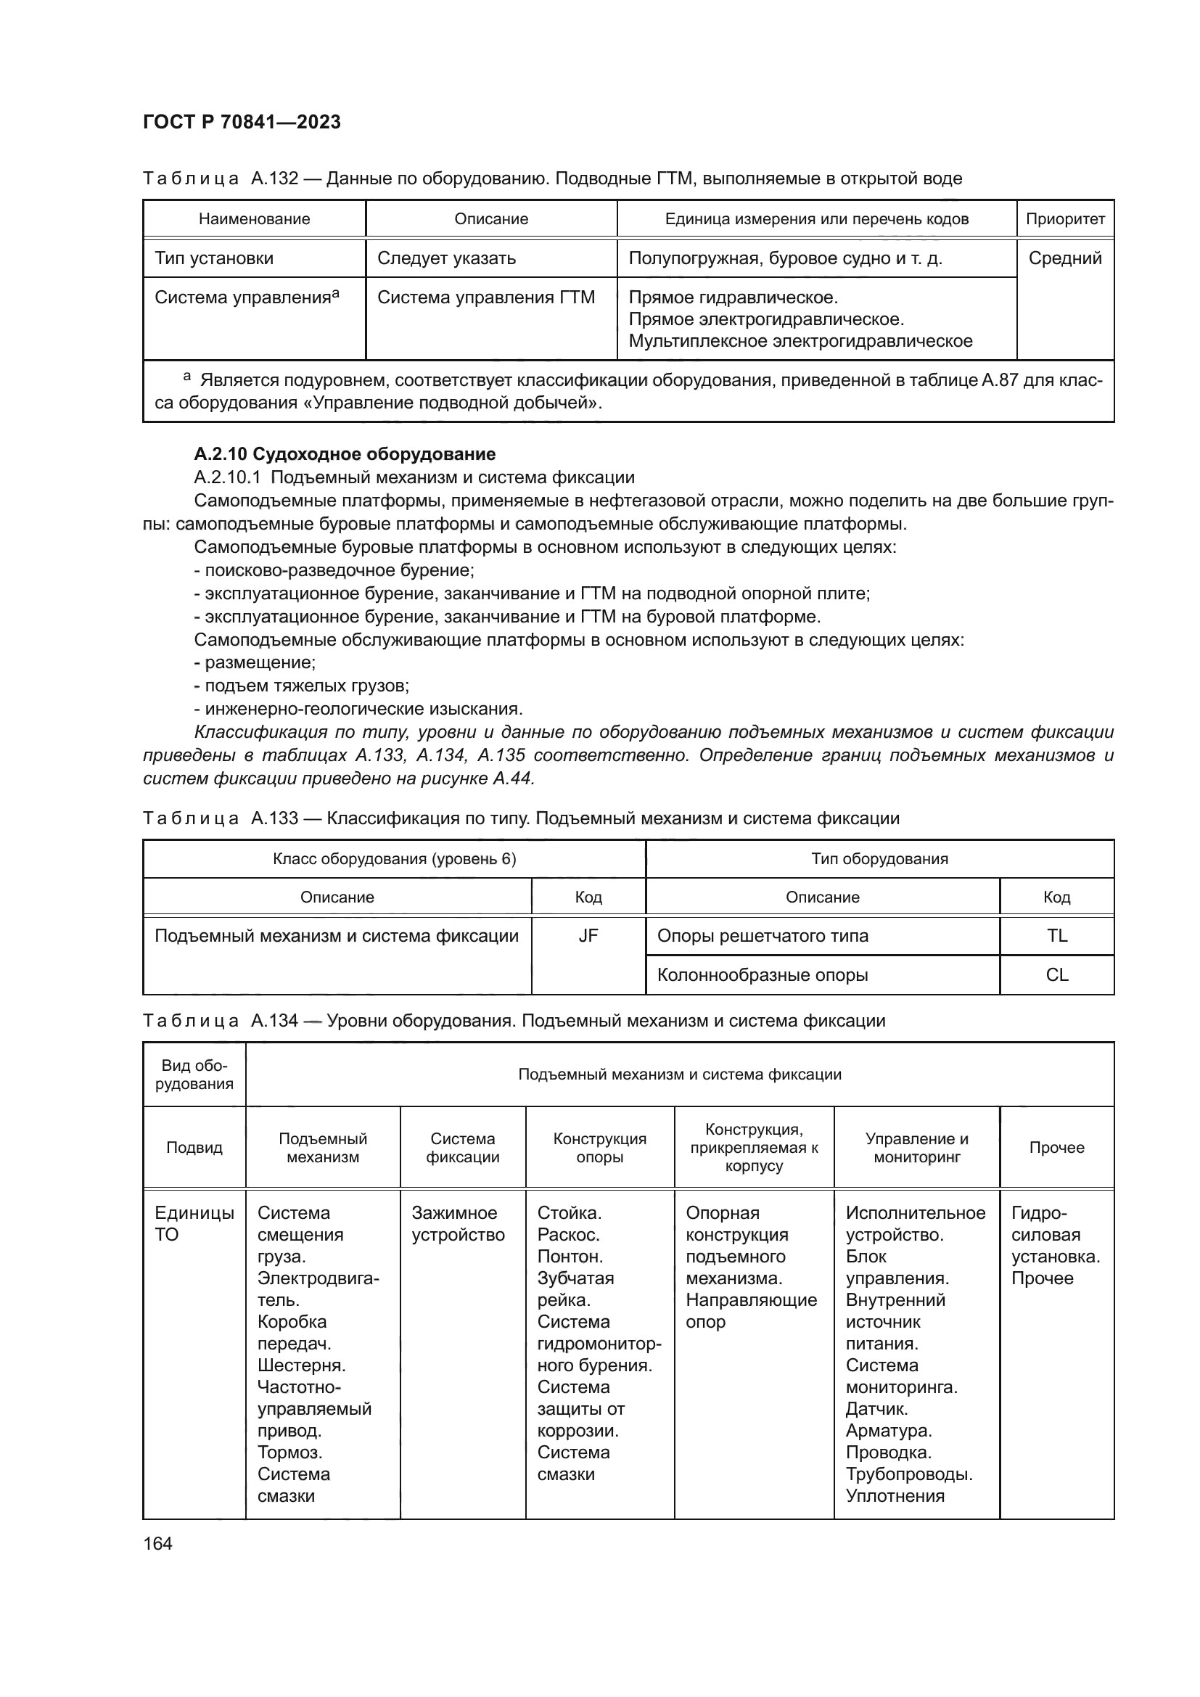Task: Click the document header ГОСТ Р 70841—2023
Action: pos(242,122)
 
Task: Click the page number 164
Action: pos(157,1543)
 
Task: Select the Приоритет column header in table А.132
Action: pos(1065,219)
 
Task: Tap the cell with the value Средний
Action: pos(1065,258)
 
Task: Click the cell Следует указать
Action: pos(446,258)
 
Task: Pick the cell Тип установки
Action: pos(214,258)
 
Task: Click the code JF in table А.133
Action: pos(588,936)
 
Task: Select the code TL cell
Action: pos(1056,936)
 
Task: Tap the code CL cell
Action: pos(1056,975)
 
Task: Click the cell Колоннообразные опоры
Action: pos(763,975)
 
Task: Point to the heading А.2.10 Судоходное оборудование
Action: pos(345,453)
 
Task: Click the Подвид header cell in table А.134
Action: pos(194,1148)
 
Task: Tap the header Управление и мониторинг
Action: pos(916,1148)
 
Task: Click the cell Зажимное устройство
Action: pos(458,1224)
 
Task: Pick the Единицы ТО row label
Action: pos(194,1224)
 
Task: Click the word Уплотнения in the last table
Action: pos(895,1496)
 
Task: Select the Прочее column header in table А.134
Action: pos(1056,1148)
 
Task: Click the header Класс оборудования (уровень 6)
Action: pos(394,859)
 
